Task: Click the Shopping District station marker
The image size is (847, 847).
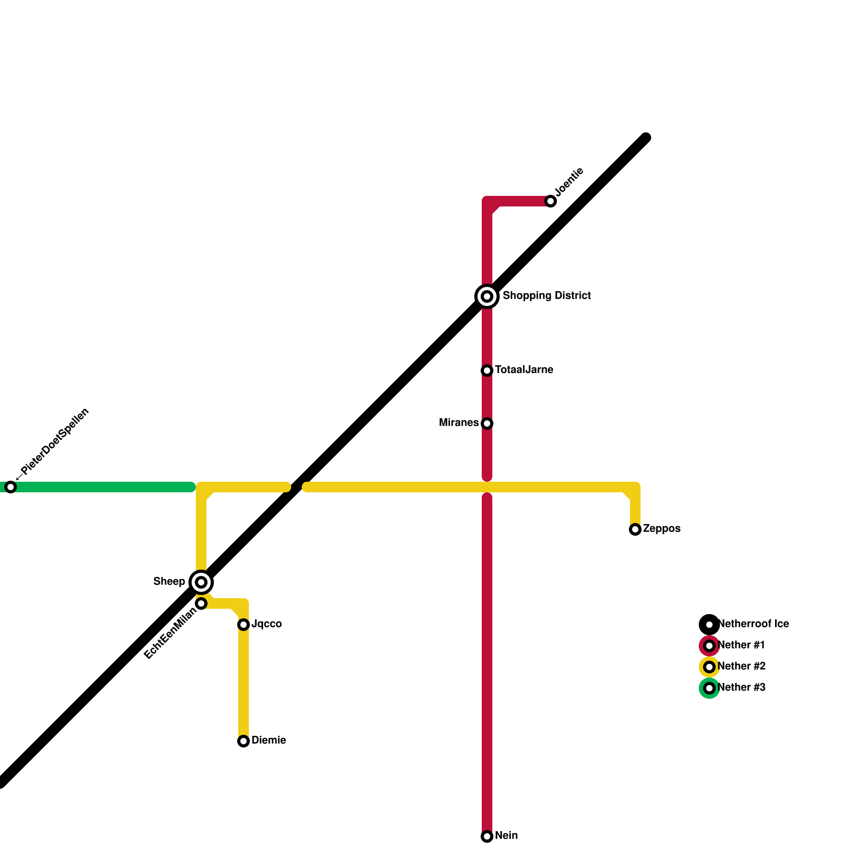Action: (487, 296)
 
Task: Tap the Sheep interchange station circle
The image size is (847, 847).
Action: (201, 582)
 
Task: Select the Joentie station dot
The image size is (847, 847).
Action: (551, 201)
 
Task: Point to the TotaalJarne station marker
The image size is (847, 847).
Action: (487, 371)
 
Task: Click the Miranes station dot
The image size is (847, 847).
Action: (487, 424)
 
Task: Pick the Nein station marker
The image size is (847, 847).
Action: (487, 836)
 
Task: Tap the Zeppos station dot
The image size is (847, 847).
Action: (635, 529)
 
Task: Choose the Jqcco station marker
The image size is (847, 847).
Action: (244, 625)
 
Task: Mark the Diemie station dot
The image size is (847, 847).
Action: (244, 741)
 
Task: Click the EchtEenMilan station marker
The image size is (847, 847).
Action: (201, 603)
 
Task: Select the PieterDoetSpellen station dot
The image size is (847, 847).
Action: (11, 487)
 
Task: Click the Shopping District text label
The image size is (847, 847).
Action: (546, 296)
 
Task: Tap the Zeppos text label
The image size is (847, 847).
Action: (661, 529)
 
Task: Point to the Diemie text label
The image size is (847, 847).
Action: (268, 741)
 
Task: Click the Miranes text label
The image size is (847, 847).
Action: (459, 423)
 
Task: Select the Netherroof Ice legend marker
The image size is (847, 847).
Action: (709, 625)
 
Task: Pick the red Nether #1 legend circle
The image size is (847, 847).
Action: (709, 646)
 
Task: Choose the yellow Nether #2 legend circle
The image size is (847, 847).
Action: (709, 667)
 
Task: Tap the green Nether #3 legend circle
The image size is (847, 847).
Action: (709, 688)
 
